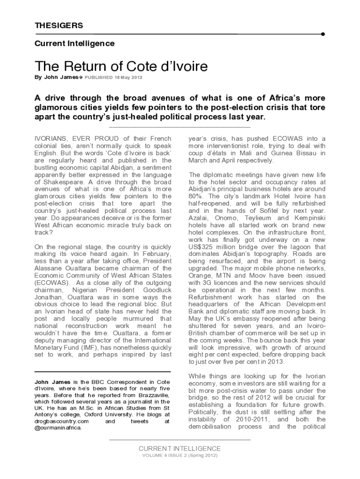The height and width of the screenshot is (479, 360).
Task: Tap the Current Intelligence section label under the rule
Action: click(x=74, y=44)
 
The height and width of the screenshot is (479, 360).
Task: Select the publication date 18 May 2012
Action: click(x=129, y=77)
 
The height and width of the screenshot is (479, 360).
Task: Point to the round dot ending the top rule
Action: click(x=323, y=34)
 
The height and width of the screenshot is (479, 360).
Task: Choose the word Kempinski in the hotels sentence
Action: click(x=310, y=218)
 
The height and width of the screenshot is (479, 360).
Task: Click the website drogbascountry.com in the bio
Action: click(x=62, y=421)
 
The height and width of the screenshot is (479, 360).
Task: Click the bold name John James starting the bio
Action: click(x=50, y=381)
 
